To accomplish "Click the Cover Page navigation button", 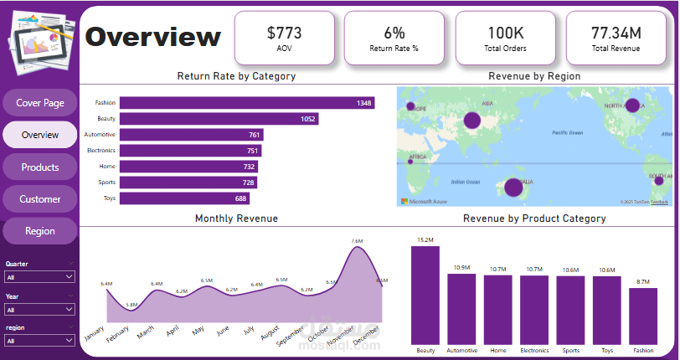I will [x=40, y=103].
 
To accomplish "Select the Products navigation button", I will [x=40, y=167].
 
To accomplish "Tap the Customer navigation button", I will [x=40, y=199].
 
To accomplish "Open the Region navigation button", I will [x=40, y=231].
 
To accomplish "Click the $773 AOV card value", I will [x=284, y=33].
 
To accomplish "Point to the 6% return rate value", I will [x=394, y=33].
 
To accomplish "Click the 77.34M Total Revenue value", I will [x=616, y=33].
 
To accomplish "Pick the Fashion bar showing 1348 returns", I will [x=246, y=103].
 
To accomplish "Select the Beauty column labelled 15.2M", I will [x=425, y=295].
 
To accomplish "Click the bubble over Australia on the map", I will [x=513, y=187].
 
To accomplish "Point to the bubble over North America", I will [x=632, y=105].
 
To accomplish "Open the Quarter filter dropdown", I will [x=40, y=277].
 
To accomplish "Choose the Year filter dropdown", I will [x=40, y=309].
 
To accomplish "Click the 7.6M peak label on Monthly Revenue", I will [x=357, y=241].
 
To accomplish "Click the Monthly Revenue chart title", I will [x=236, y=219].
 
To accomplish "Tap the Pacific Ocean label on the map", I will [x=572, y=132].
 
